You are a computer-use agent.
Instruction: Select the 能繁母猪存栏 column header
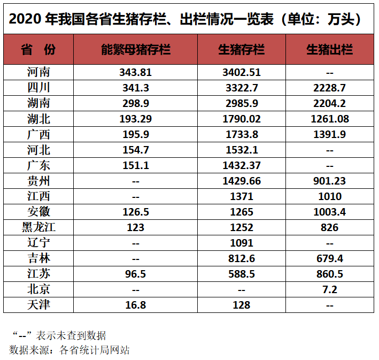point(136,49)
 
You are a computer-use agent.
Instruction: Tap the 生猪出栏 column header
point(330,49)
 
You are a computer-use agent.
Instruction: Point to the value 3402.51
point(242,72)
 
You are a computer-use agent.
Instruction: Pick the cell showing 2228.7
point(330,88)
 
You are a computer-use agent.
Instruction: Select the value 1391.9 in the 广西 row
point(330,134)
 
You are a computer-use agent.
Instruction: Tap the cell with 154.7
point(136,150)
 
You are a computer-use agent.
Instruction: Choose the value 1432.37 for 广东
point(242,165)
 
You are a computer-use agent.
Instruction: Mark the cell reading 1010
point(330,196)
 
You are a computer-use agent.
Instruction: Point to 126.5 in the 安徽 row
point(136,212)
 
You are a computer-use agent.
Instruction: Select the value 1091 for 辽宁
point(242,243)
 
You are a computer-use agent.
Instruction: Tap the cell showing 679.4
point(330,258)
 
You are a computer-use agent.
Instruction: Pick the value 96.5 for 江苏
point(136,274)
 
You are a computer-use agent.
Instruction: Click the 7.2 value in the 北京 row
point(330,289)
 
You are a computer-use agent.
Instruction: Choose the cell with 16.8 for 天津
point(136,305)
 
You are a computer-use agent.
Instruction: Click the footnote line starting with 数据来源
point(69,350)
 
